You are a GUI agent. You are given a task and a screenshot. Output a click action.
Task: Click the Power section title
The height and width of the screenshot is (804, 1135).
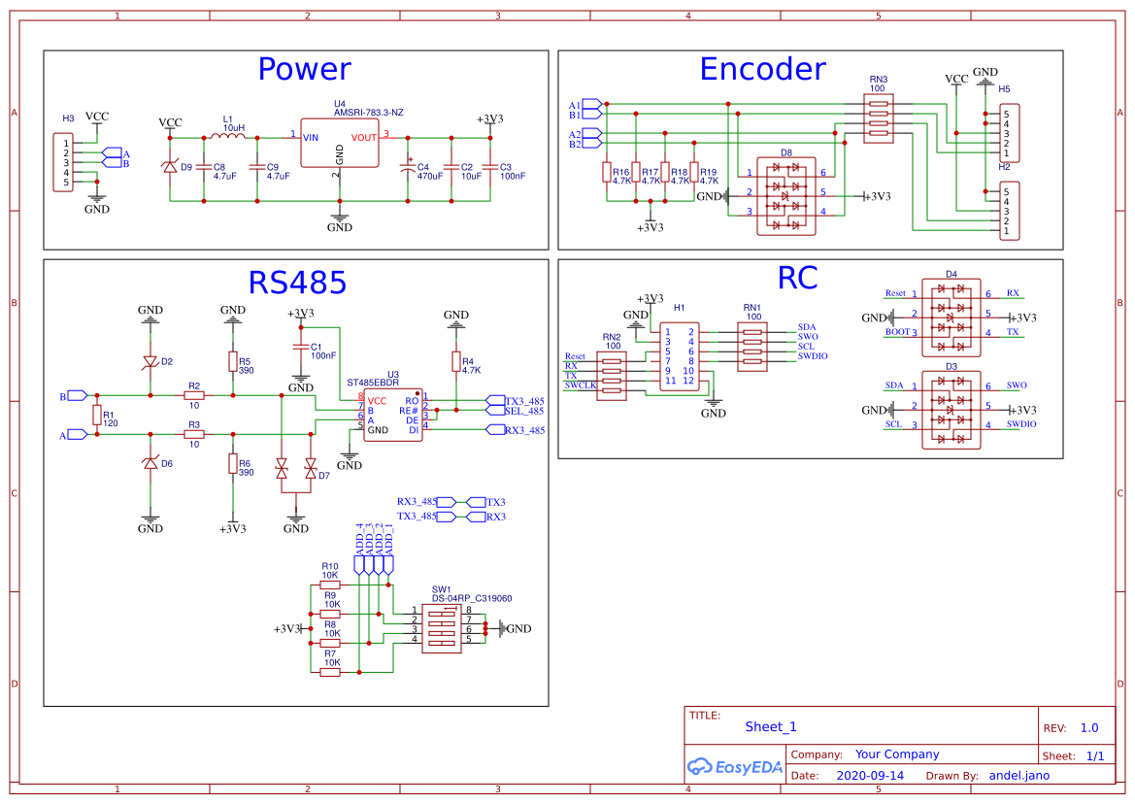point(304,70)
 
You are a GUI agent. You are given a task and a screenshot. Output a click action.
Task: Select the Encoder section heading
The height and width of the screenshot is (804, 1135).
point(762,70)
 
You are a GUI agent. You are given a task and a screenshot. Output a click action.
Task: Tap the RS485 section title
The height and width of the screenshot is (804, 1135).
point(297,283)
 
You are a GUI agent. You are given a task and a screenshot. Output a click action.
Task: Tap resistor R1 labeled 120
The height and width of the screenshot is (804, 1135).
point(96,416)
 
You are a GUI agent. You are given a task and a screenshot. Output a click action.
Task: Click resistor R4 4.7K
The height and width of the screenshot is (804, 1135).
point(455,362)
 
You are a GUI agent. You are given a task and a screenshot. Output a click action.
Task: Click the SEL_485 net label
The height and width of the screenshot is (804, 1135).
point(524,411)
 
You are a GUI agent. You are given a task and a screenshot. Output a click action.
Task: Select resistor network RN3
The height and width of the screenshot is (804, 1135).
point(878,119)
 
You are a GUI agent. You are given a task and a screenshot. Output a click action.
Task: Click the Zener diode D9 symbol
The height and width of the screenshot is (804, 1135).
point(170,167)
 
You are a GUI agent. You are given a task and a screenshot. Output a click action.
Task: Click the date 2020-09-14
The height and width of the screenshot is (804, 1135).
point(870,776)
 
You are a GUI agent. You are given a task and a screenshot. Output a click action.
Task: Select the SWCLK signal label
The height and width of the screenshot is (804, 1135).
point(581,385)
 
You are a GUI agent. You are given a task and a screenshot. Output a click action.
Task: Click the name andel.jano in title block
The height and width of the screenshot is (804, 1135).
point(1018,776)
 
